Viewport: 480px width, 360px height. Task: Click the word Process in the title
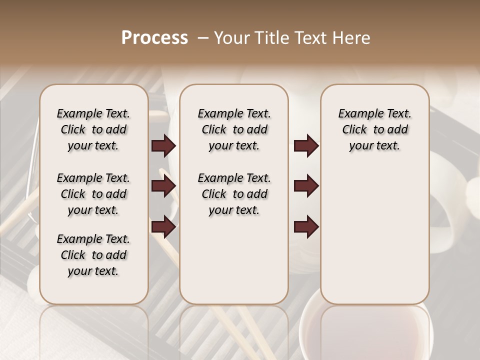pyautogui.click(x=154, y=38)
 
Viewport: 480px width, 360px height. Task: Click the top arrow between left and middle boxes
pyautogui.click(x=163, y=146)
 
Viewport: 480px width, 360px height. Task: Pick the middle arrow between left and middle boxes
pyautogui.click(x=163, y=186)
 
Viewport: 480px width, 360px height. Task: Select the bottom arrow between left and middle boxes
pyautogui.click(x=163, y=227)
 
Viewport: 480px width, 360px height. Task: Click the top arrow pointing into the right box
pyautogui.click(x=306, y=146)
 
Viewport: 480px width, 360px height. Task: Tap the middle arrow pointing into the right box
pyautogui.click(x=306, y=186)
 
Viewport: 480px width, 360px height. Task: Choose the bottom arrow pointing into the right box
pyautogui.click(x=306, y=227)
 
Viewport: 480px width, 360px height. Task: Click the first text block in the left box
pyautogui.click(x=93, y=129)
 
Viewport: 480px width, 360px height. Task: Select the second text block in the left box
pyautogui.click(x=93, y=194)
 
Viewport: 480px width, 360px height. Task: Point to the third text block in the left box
pyautogui.click(x=93, y=255)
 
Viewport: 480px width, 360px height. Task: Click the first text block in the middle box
pyautogui.click(x=234, y=129)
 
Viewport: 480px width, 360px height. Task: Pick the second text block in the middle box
pyautogui.click(x=234, y=194)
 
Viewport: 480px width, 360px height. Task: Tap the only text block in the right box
pyautogui.click(x=375, y=129)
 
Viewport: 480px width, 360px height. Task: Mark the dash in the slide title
pyautogui.click(x=203, y=38)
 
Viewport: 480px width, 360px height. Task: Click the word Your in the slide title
pyautogui.click(x=232, y=38)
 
